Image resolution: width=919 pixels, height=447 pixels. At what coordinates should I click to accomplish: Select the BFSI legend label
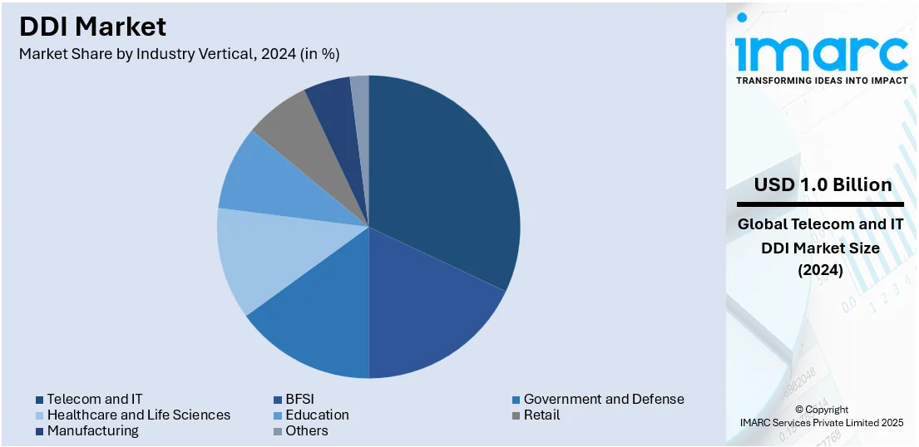click(x=299, y=399)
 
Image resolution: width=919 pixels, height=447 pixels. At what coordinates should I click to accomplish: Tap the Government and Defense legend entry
click(x=603, y=399)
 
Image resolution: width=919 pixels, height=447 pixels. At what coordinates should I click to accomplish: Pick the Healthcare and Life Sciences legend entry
click(x=138, y=415)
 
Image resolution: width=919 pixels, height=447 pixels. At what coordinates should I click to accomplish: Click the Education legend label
click(x=316, y=415)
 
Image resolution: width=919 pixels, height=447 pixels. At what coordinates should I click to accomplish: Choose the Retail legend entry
click(x=541, y=415)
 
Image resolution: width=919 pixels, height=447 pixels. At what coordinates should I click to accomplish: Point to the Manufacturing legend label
click(x=92, y=430)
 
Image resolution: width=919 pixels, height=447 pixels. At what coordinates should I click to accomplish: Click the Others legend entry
click(x=306, y=430)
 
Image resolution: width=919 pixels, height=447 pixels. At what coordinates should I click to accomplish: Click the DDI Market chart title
click(x=92, y=27)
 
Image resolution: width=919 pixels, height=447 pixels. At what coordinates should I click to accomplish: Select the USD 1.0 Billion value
click(x=823, y=184)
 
